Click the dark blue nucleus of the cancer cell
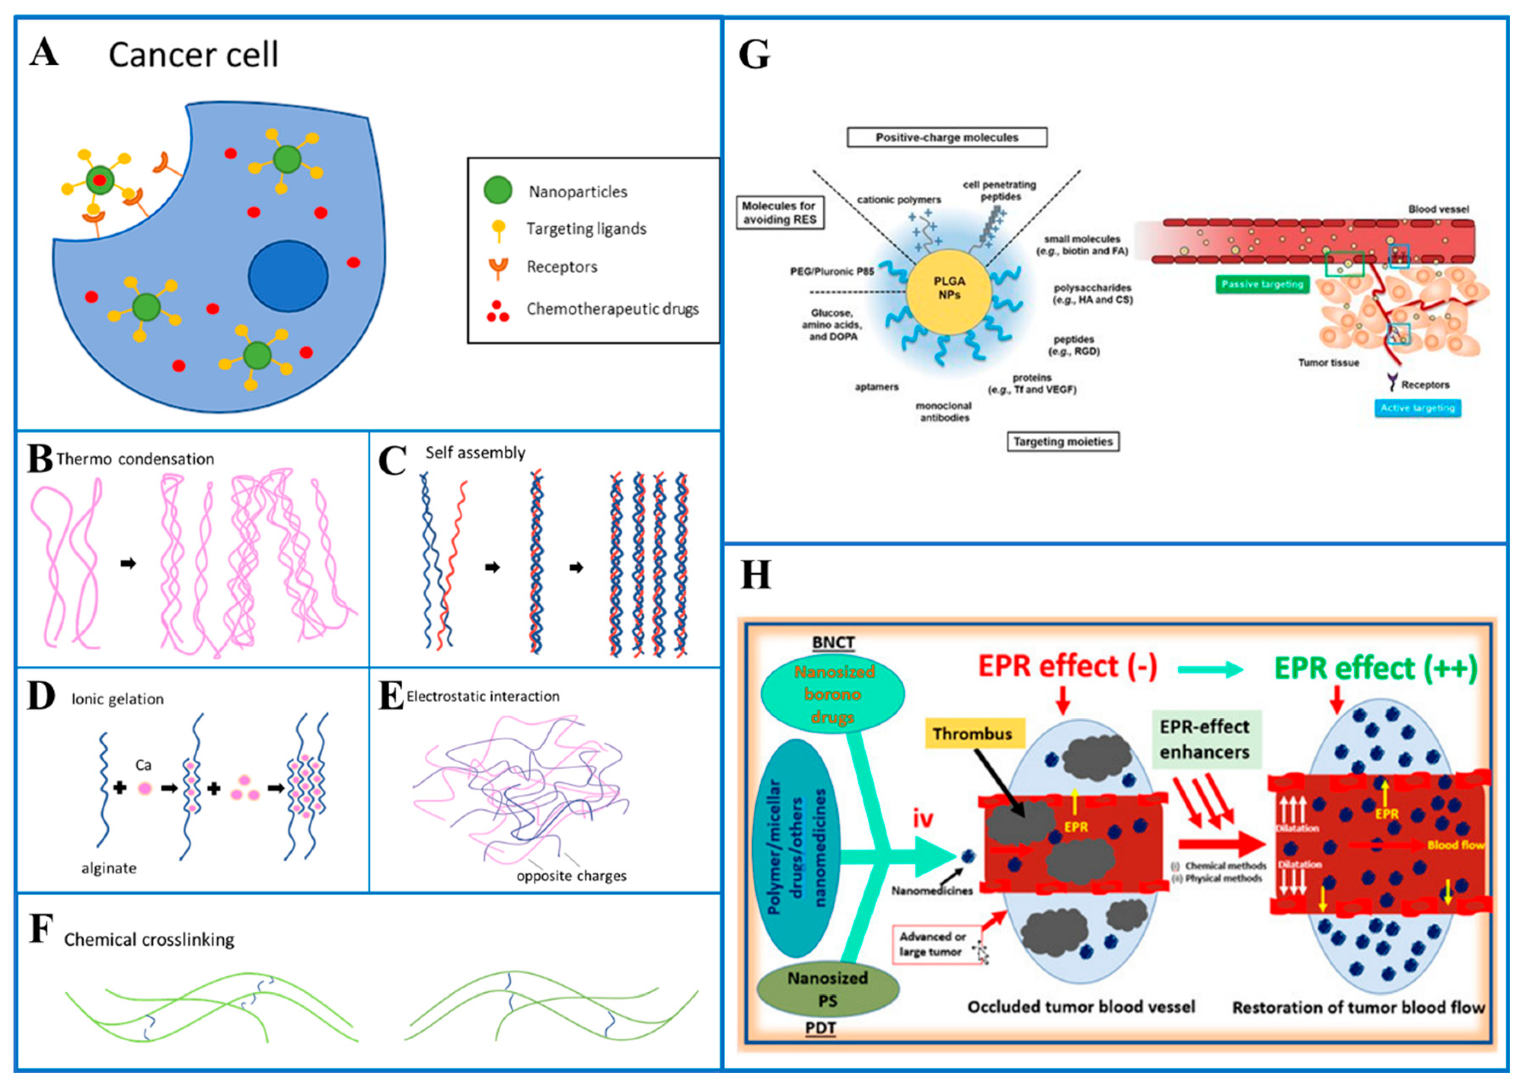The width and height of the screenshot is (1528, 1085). (288, 276)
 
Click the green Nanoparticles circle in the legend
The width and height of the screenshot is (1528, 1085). (498, 190)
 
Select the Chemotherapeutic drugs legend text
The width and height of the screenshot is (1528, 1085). (612, 309)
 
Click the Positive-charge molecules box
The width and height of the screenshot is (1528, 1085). (947, 137)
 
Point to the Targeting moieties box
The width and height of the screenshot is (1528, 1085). (1063, 441)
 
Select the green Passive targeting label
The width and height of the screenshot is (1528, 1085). (1262, 285)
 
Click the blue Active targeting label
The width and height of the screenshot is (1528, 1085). (1417, 408)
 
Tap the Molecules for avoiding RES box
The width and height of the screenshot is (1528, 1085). (780, 212)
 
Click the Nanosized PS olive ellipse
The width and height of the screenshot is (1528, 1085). (828, 989)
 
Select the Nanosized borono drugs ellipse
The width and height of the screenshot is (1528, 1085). (833, 694)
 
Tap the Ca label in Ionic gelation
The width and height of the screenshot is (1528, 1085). (143, 765)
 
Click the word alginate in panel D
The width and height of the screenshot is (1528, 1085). (109, 868)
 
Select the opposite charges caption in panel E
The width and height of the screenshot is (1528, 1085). (572, 876)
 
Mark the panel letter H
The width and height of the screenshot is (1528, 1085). (756, 575)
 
